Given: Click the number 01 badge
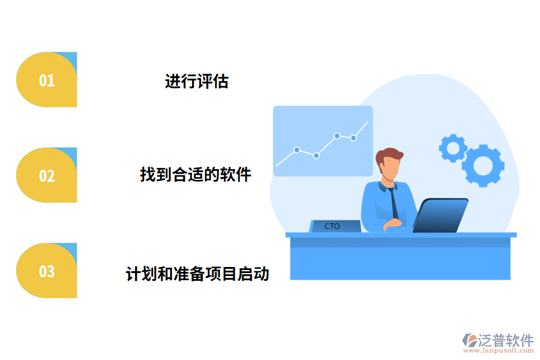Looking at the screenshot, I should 47,80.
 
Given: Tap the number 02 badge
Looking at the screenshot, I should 47,175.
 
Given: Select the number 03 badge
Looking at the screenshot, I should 47,271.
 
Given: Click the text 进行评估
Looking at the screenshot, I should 197,81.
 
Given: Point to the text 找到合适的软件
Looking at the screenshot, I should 196,175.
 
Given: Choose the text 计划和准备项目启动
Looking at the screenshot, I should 197,274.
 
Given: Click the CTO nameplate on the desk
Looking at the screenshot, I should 332,226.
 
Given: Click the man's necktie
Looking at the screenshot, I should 394,204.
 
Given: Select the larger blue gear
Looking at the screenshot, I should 482,165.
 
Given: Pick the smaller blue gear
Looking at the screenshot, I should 453,148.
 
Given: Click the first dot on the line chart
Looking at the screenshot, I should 296,149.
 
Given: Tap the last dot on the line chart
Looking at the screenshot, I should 353,138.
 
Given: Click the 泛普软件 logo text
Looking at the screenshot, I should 505,340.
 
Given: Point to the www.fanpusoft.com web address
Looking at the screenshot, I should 496,351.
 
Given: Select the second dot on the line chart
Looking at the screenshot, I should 316,155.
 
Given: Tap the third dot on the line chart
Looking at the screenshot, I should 337,136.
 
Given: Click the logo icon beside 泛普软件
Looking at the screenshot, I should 469,340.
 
